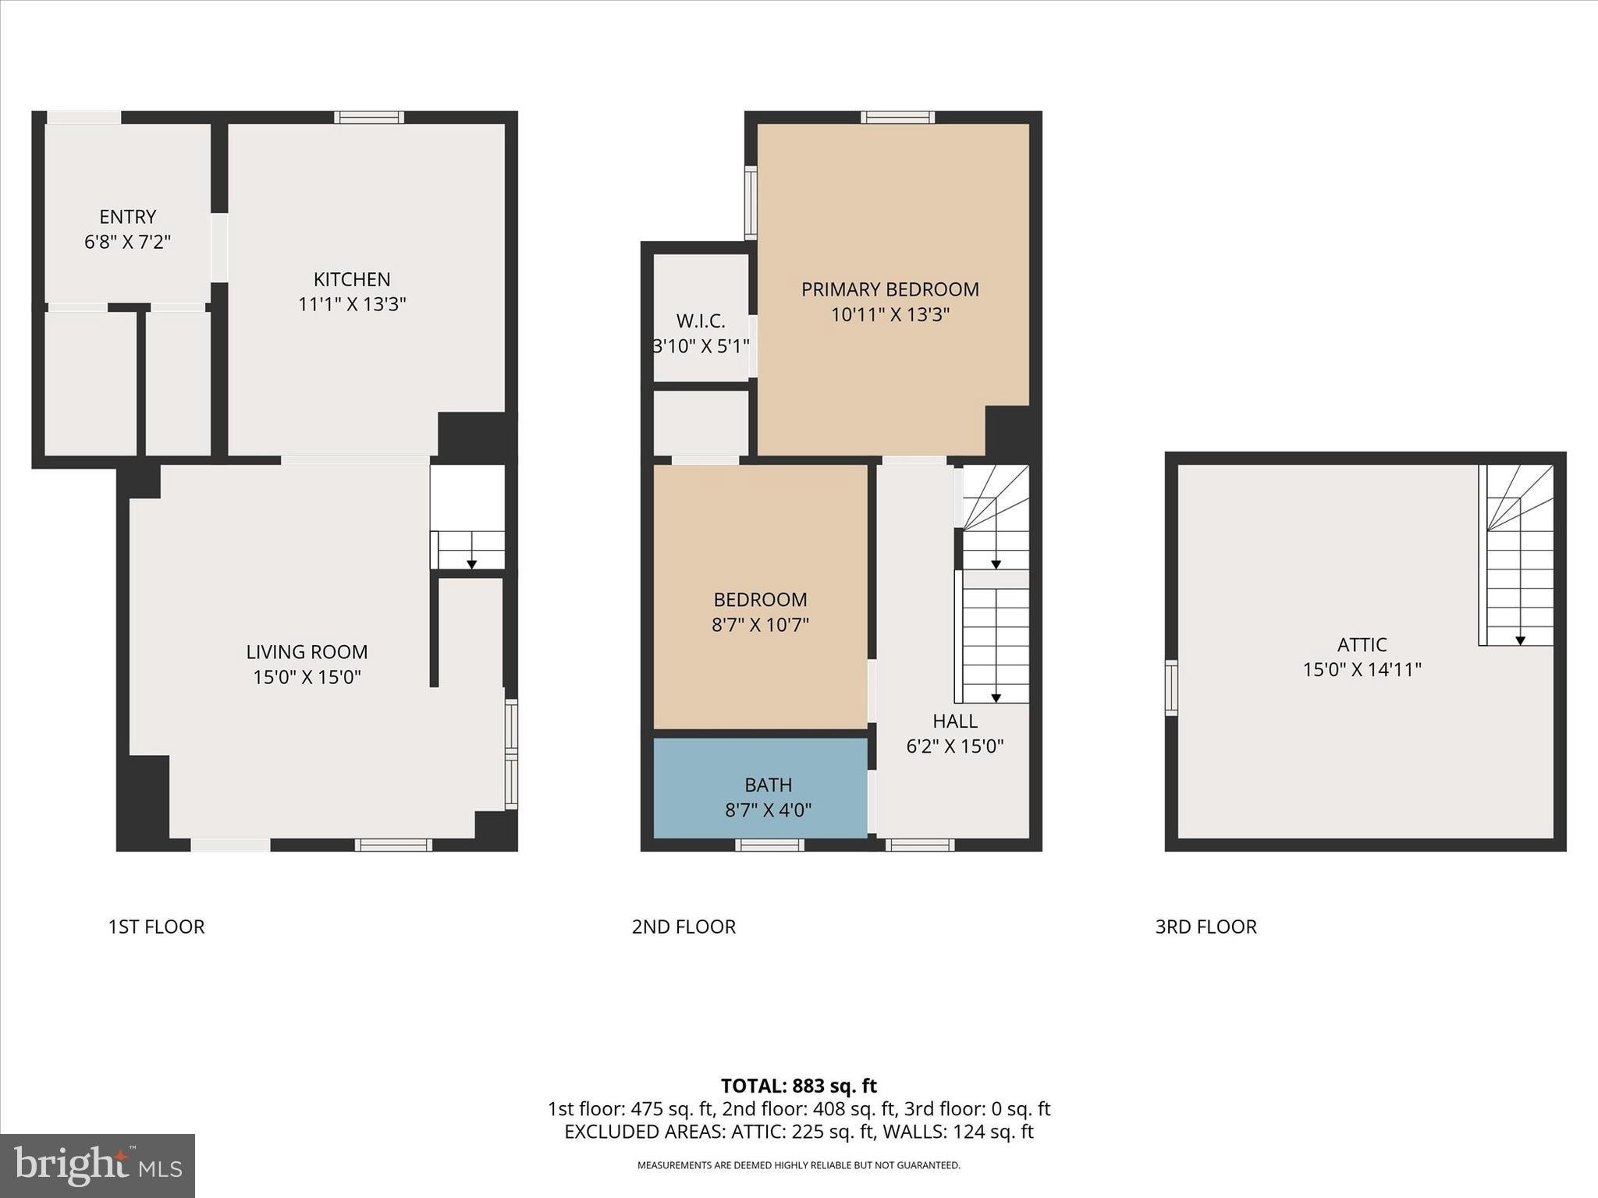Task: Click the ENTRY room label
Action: coord(127,217)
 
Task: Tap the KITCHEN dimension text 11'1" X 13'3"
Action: coord(352,304)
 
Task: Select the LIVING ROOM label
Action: coord(307,652)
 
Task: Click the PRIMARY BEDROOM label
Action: coord(890,289)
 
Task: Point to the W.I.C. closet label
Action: coord(700,321)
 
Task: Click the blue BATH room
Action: coord(760,788)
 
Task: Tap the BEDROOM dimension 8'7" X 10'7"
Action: coord(760,625)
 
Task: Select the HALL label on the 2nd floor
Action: coord(954,721)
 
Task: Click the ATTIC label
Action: coord(1362,645)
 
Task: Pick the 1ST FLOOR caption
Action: coord(156,927)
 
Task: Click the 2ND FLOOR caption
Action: coord(684,927)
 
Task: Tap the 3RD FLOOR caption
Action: coord(1206,927)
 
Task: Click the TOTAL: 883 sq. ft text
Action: coord(798,1086)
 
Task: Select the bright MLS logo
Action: coord(98,1165)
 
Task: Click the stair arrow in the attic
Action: coord(1521,640)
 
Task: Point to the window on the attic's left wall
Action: coord(1171,687)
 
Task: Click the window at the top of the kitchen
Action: coord(369,117)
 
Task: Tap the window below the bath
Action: coord(769,845)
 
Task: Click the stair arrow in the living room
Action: coord(471,564)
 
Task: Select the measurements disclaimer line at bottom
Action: coord(798,1165)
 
